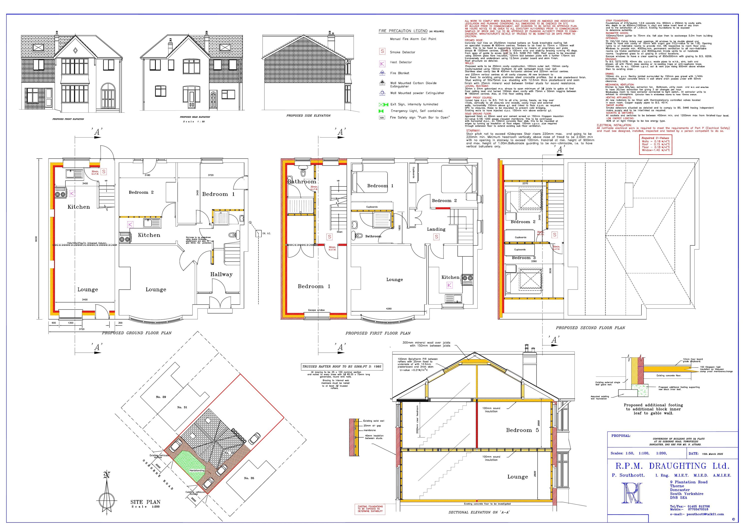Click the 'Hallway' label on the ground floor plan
coord(221,274)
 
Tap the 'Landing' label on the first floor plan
coord(436,229)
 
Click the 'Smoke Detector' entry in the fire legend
coord(402,52)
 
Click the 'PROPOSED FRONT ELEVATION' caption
coord(68,119)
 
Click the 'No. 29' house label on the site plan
coord(161,397)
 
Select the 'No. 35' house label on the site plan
coord(249,478)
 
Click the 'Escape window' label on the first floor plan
coord(316,310)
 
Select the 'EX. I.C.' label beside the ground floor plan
coord(267,233)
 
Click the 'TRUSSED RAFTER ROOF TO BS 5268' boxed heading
coord(342,366)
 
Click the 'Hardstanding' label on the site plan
coord(197,471)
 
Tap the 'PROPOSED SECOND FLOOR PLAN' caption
coord(590,328)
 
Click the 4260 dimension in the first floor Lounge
coord(388,309)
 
